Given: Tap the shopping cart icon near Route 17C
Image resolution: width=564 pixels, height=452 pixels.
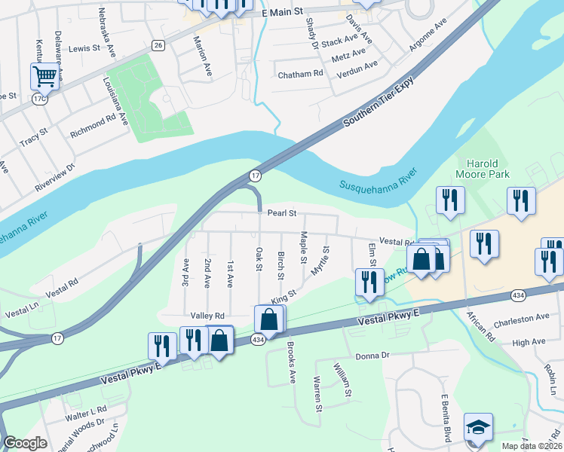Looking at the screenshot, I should tap(45, 75).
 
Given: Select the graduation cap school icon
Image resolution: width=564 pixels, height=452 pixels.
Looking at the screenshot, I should tap(478, 427).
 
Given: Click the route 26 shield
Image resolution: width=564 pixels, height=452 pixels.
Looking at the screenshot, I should tap(157, 45).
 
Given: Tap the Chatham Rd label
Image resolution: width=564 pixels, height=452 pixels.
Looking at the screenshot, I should tap(300, 74).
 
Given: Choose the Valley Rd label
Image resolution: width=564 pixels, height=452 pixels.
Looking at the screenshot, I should tap(208, 316).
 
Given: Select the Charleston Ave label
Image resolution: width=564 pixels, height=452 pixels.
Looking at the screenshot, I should tap(522, 318).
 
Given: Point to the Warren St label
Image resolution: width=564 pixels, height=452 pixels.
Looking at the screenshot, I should tap(318, 396).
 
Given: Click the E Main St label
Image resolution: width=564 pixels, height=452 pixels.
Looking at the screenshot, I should tap(282, 13).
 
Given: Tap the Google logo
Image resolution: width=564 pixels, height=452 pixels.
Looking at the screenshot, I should tap(26, 443).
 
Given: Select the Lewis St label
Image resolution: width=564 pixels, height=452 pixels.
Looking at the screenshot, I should tap(84, 47).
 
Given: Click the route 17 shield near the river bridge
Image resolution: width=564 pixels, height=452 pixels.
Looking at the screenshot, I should tap(256, 176).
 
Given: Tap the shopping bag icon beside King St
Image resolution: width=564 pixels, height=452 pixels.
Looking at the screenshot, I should tap(269, 319).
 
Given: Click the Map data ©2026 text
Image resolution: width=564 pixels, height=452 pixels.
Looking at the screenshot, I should tap(531, 446).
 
